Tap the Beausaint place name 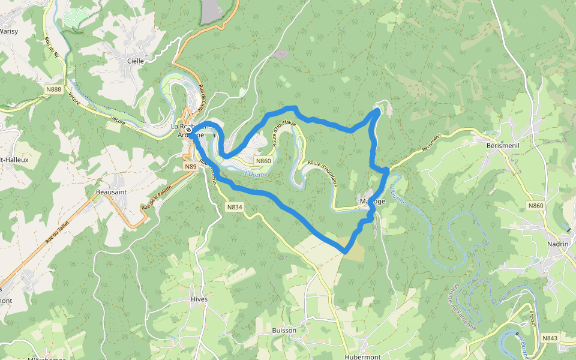pos(110,192)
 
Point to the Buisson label pos(284,330)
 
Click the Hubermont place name pos(362,356)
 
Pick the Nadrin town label pos(558,244)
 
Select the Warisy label pos(8,31)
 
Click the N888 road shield pos(53,89)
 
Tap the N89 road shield pos(190,166)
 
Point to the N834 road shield pos(235,207)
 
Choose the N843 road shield pos(550,338)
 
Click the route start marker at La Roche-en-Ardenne pos(188,130)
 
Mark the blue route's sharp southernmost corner pos(346,251)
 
